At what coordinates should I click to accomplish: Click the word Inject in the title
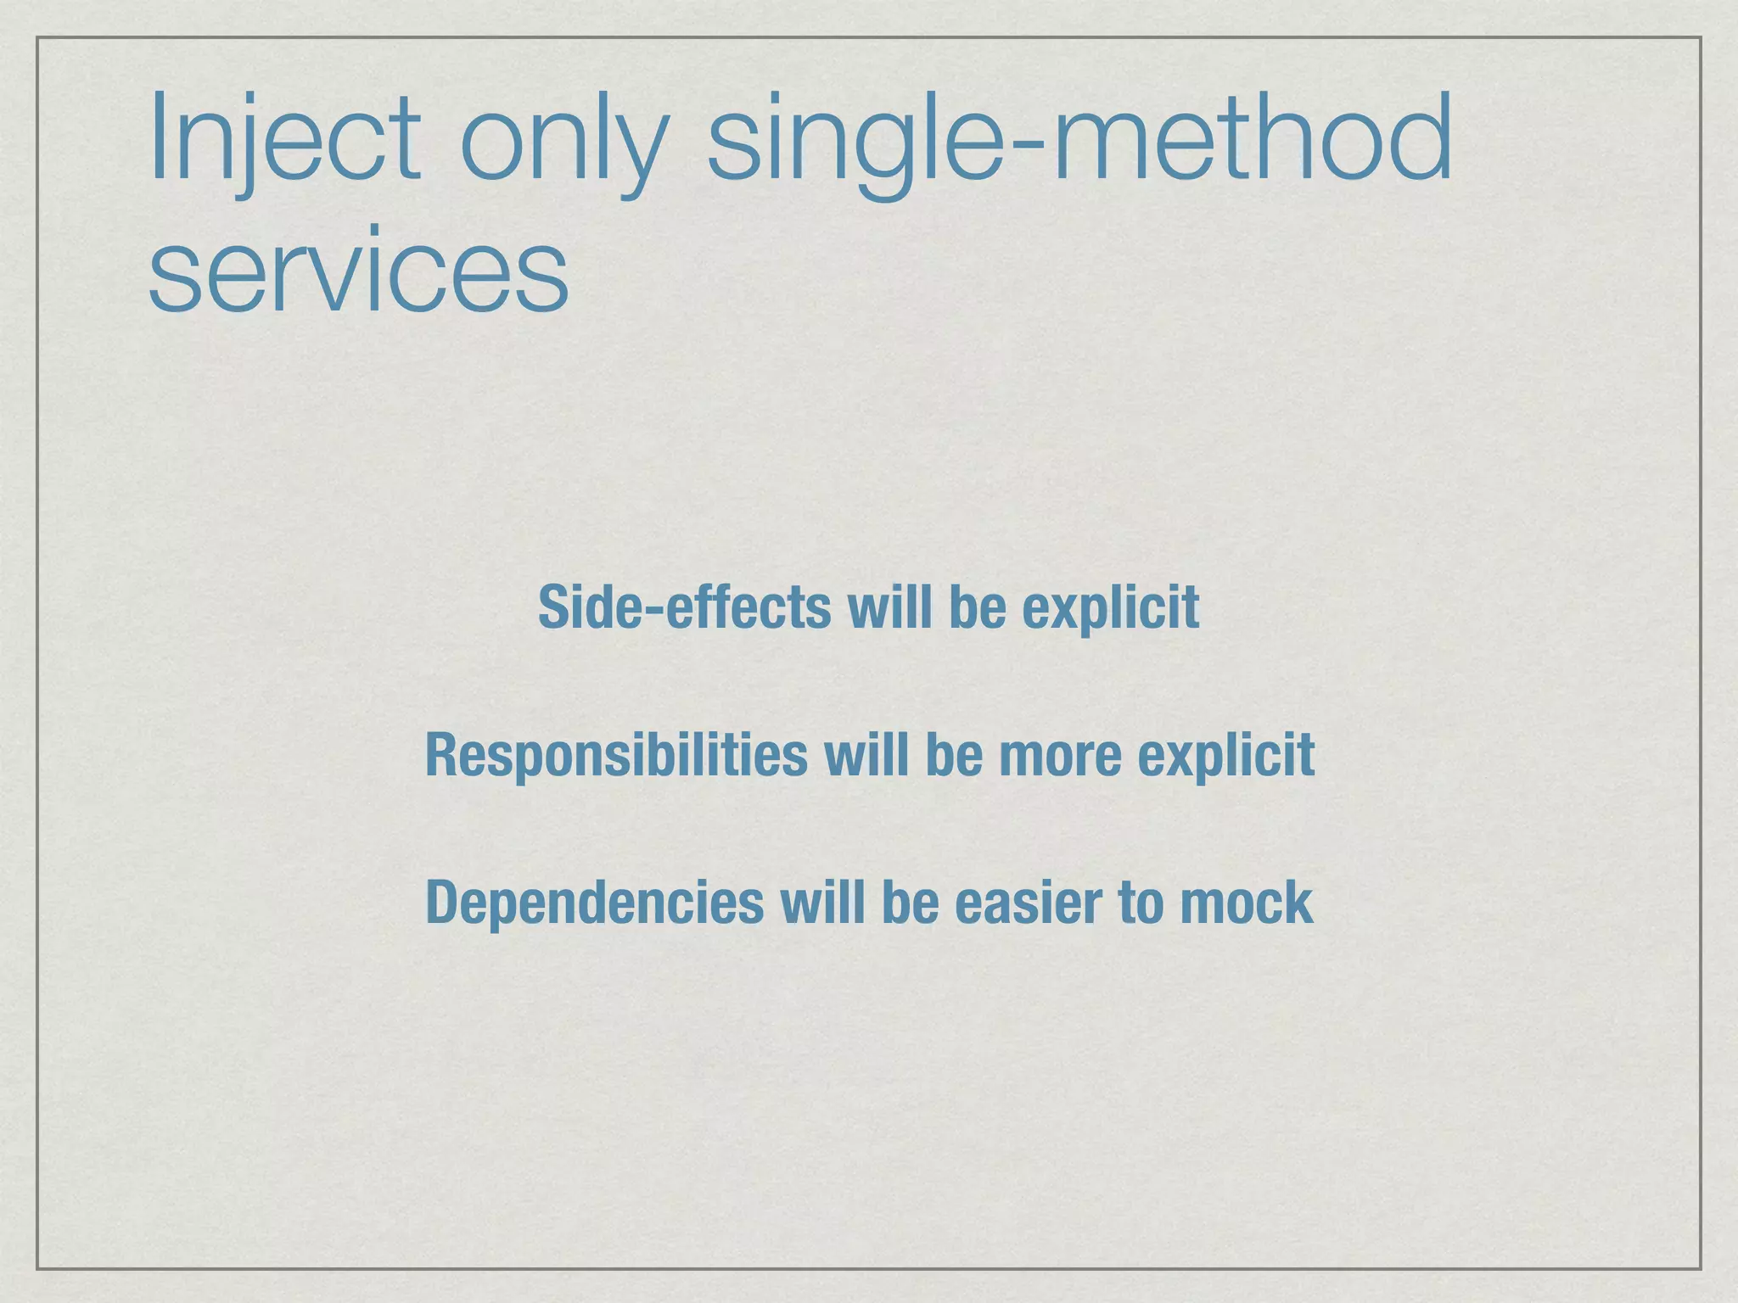tap(284, 140)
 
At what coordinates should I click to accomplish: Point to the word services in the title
tap(358, 271)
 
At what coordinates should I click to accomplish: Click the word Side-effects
tap(684, 607)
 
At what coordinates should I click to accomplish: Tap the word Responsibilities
tap(616, 754)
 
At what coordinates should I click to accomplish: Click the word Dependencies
tap(594, 902)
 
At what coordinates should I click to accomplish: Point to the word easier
tap(1028, 902)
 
